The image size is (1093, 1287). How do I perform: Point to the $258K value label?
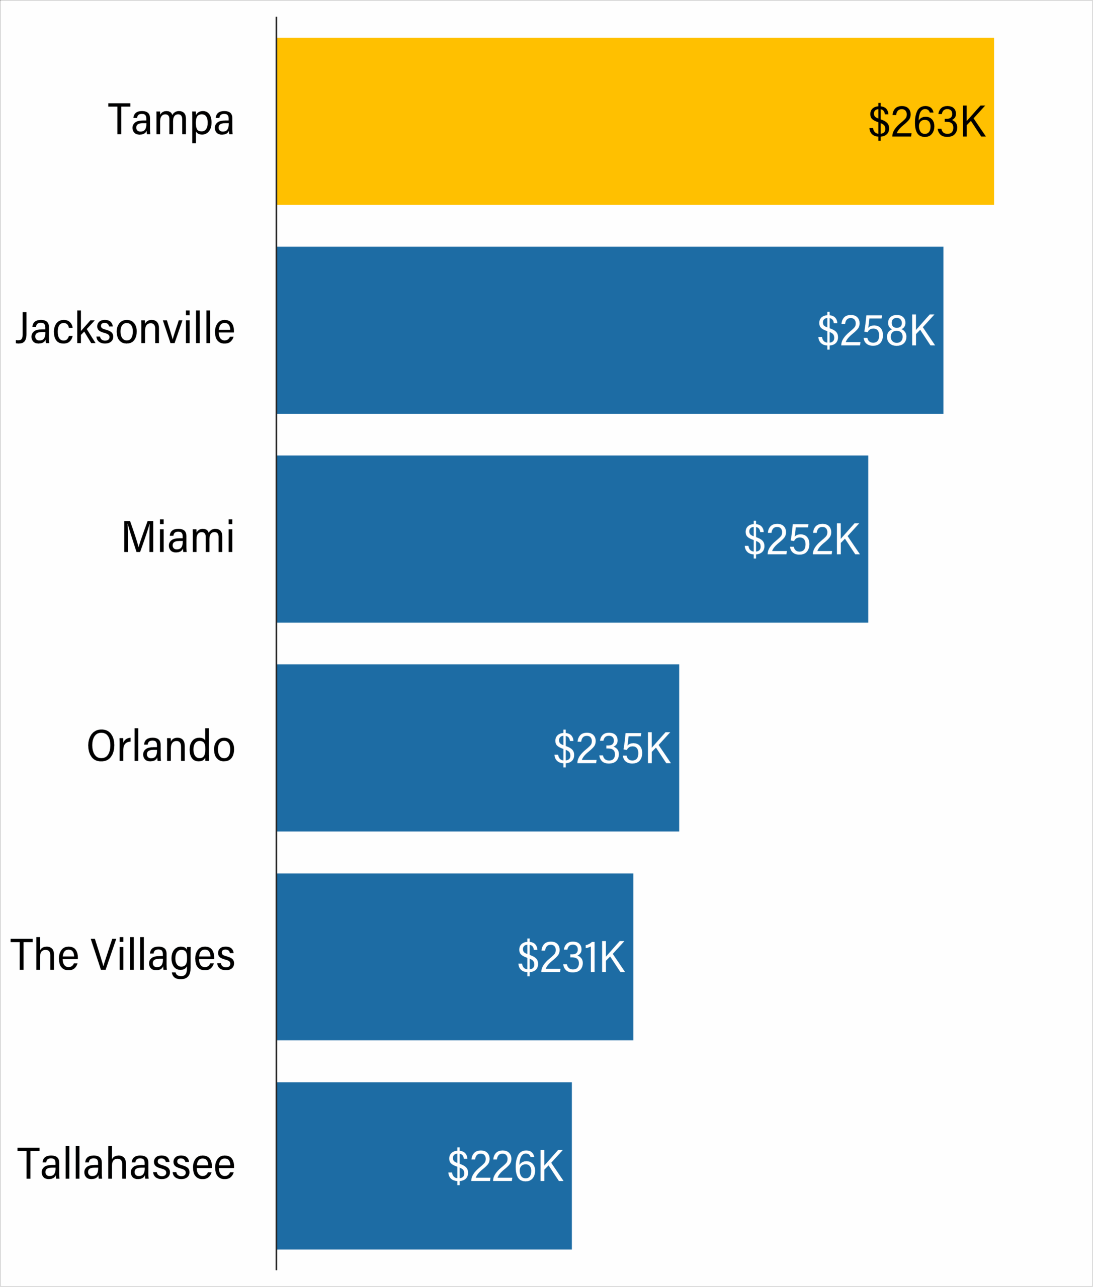(876, 331)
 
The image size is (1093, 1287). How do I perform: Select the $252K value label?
(801, 539)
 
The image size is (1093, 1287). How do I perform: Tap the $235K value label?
(612, 748)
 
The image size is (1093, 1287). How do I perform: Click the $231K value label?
(571, 957)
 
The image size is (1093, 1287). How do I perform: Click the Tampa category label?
(171, 120)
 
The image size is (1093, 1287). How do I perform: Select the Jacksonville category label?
(125, 328)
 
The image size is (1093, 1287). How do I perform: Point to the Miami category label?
(178, 537)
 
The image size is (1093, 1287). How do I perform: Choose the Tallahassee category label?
(126, 1164)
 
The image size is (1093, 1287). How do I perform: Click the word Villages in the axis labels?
(163, 956)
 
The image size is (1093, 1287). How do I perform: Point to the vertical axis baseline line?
(276, 644)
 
